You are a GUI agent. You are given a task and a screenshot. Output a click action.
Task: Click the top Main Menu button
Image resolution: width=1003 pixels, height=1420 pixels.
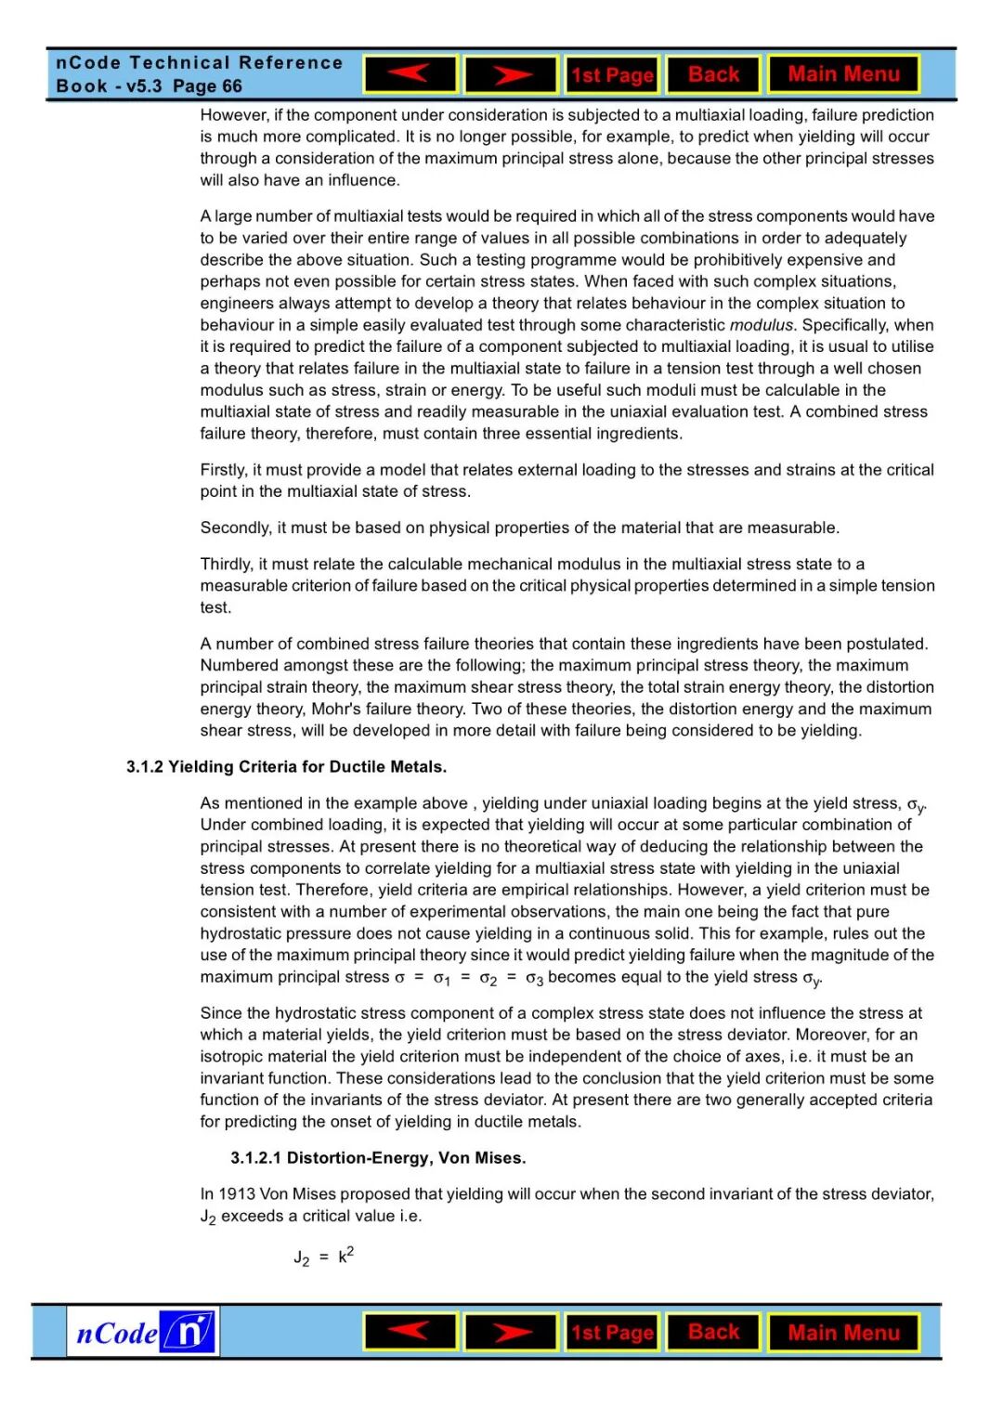click(x=843, y=74)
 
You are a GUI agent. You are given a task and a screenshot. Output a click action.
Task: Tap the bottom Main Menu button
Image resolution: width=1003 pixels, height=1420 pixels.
click(x=843, y=1333)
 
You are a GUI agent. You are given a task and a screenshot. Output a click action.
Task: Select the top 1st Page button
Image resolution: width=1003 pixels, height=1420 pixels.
click(x=612, y=75)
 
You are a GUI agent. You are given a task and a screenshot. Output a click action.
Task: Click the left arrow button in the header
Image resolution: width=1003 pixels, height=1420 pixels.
click(x=410, y=74)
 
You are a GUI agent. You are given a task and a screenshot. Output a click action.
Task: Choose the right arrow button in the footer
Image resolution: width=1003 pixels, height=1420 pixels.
click(x=511, y=1333)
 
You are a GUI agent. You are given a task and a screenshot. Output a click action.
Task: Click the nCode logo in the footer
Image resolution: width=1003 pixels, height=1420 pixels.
click(x=143, y=1333)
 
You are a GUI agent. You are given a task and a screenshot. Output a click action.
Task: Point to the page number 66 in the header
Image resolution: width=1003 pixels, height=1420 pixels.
click(x=232, y=86)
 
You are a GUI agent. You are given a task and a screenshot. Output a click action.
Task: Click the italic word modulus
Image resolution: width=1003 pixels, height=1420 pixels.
click(x=762, y=325)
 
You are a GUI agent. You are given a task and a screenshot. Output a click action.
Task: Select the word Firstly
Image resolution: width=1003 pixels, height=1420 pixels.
click(x=223, y=470)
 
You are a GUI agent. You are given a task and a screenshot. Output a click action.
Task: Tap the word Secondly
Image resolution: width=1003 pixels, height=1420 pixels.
click(x=235, y=528)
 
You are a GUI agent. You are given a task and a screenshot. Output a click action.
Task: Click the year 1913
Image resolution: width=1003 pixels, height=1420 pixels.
click(x=237, y=1193)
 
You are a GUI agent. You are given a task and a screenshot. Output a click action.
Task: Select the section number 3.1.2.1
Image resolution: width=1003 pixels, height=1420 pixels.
click(x=256, y=1158)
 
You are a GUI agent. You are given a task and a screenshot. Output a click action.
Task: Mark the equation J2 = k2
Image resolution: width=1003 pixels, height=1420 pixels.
click(x=323, y=1257)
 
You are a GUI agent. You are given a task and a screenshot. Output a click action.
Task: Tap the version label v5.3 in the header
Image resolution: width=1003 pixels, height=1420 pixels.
click(x=144, y=86)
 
